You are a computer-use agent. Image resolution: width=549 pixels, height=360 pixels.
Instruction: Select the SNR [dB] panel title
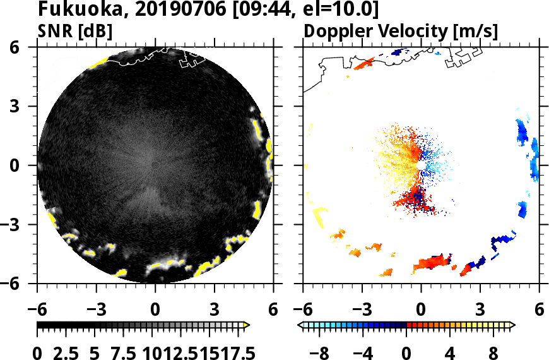click(x=69, y=30)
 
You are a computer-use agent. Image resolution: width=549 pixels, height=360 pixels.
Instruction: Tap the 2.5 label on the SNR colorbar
click(x=66, y=351)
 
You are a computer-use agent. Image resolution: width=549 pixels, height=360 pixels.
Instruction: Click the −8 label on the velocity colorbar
click(x=320, y=351)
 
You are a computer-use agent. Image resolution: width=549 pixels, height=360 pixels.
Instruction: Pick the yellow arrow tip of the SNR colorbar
click(x=247, y=325)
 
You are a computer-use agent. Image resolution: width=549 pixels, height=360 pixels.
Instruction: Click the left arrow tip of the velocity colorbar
click(x=300, y=325)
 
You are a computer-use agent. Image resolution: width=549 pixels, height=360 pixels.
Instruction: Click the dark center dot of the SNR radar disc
click(x=155, y=165)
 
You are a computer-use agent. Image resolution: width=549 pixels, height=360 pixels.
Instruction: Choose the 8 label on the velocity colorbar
click(x=493, y=351)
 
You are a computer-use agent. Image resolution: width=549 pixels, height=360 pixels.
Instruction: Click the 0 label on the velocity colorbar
click(x=407, y=351)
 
